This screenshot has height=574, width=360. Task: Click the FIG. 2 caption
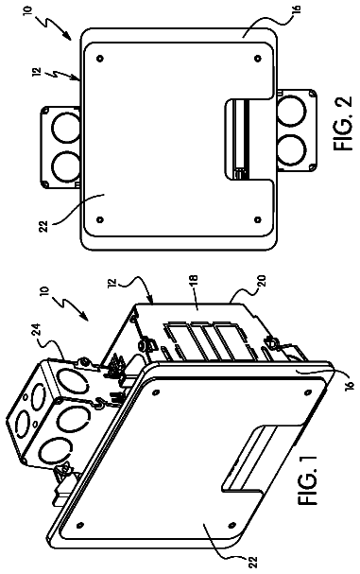click(343, 123)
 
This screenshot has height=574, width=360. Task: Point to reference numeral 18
click(193, 281)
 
